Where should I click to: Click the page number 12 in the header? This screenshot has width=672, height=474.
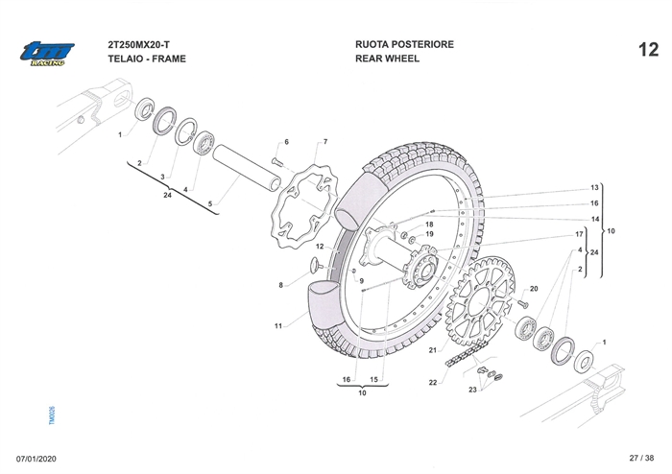[x=647, y=50]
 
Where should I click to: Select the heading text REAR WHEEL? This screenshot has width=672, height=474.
[x=387, y=59]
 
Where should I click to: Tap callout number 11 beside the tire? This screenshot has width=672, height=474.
[x=277, y=326]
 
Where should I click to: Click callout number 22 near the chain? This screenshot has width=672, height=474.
[x=433, y=383]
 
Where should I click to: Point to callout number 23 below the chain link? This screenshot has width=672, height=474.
[x=473, y=391]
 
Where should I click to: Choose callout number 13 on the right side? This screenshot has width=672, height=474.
[x=594, y=187]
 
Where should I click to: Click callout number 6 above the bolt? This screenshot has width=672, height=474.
[x=286, y=142]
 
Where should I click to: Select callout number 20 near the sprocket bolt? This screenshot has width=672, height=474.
[x=534, y=288]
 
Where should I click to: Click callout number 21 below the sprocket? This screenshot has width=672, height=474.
[x=433, y=349]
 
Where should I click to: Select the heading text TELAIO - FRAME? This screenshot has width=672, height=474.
[x=147, y=59]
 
